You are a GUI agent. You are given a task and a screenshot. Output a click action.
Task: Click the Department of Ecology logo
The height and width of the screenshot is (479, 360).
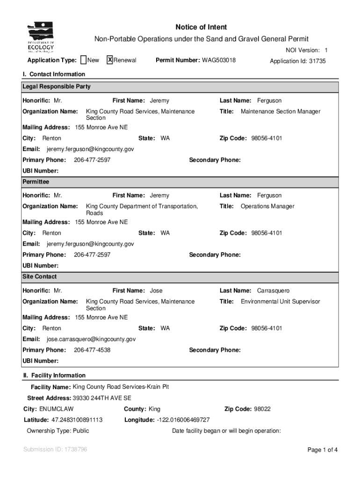pos(41,37)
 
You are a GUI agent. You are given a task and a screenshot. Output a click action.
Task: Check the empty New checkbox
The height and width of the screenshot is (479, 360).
pos(83,60)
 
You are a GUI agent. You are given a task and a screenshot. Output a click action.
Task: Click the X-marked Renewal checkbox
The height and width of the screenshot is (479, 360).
pos(110,60)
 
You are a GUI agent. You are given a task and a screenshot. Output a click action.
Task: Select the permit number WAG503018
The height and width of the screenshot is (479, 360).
pos(219,60)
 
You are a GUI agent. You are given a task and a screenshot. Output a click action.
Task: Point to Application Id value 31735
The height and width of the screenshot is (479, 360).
pos(317,61)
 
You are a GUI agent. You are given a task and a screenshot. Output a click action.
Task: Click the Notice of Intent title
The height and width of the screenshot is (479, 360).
pos(201,28)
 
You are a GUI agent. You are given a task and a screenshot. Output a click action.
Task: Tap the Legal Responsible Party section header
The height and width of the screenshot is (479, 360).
pos(57,87)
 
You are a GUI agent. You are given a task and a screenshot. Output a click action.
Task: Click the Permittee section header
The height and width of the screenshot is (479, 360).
pos(36,181)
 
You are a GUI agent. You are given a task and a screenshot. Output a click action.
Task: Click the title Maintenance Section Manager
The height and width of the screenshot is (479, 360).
pos(281,112)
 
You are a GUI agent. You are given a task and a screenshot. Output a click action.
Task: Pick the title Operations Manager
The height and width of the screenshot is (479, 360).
pos(267,206)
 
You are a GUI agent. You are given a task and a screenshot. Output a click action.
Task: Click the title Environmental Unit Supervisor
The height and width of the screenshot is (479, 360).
pos(280,302)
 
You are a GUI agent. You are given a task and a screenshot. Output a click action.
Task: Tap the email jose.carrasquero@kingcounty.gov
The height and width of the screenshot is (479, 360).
pos(91,339)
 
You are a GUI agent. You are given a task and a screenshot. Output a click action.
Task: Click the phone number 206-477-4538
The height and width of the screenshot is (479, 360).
pos(92,350)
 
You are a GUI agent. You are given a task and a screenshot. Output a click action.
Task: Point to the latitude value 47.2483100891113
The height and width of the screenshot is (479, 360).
pos(77,420)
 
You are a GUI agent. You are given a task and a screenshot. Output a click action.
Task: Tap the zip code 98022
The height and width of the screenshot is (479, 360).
pos(262,409)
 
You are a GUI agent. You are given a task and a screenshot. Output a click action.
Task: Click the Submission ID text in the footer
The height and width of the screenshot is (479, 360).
pos(55,450)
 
